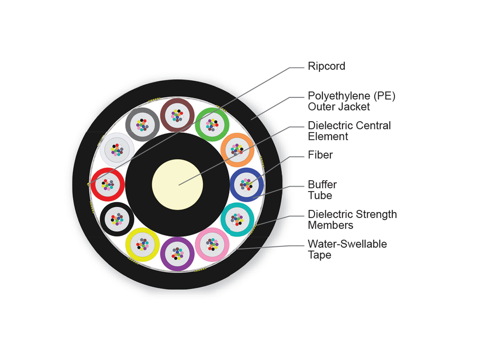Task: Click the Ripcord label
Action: coord(326,66)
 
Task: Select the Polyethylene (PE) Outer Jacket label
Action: coord(351,102)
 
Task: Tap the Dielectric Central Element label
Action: coord(349,131)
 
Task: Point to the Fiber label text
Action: coord(320,155)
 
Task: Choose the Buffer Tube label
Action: coord(322,190)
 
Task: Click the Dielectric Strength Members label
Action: coord(352,220)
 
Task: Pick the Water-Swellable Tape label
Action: coord(347,249)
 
